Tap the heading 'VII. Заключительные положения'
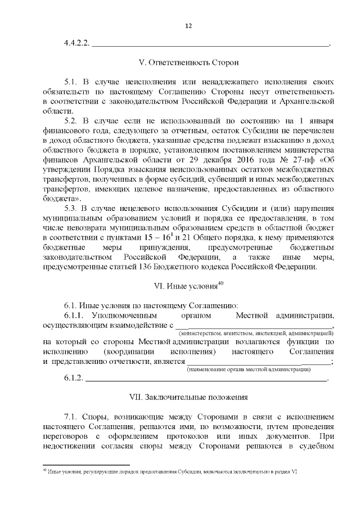point(188,397)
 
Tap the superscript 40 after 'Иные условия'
point(220,283)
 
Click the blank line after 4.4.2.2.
point(209,44)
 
